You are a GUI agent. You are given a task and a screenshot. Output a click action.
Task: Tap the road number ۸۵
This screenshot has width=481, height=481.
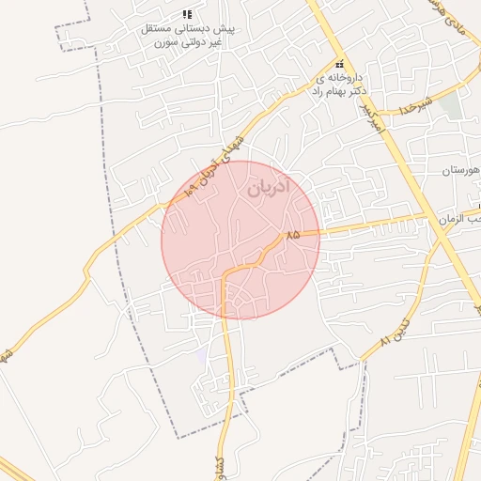(x=292, y=234)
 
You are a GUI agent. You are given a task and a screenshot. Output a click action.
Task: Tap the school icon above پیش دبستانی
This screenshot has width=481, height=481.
(x=186, y=15)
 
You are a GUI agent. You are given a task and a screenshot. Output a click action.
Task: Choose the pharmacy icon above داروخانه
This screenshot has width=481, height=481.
(x=339, y=63)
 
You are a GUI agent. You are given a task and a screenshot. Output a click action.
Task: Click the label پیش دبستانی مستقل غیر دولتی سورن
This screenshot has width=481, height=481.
(x=186, y=36)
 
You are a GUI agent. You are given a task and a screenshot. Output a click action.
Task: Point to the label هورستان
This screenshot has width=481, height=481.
(x=459, y=170)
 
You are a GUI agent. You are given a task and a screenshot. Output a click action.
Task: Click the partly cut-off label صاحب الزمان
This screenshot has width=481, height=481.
(x=460, y=218)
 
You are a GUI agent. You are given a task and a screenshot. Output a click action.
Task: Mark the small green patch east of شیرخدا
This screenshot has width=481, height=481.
(x=452, y=105)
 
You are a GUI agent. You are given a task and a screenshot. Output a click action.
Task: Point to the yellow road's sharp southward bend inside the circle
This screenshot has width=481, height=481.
(x=225, y=275)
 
